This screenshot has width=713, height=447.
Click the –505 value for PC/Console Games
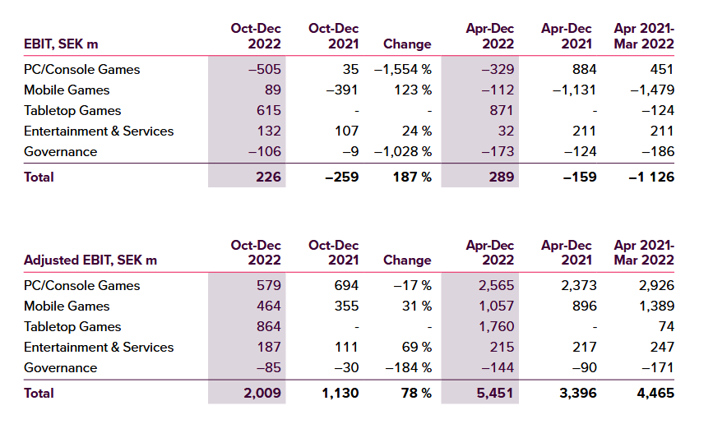click(x=265, y=70)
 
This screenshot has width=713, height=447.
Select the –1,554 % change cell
click(x=403, y=70)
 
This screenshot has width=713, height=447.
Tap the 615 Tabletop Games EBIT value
click(x=269, y=110)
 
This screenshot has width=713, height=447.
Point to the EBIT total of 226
click(x=268, y=177)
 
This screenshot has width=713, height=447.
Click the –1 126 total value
click(x=651, y=177)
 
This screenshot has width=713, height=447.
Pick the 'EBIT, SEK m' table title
click(x=61, y=44)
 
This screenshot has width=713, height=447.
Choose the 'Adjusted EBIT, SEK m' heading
click(x=90, y=260)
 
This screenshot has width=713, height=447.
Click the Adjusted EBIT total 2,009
click(x=262, y=393)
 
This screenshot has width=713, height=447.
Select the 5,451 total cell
click(x=495, y=393)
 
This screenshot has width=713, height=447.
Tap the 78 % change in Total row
click(x=416, y=393)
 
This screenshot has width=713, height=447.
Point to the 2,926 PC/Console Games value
click(x=656, y=285)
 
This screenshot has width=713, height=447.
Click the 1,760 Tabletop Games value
click(x=496, y=326)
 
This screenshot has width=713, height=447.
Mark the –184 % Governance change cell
click(x=409, y=367)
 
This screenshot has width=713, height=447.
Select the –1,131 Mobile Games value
click(x=574, y=90)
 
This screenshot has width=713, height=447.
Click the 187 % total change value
click(x=413, y=177)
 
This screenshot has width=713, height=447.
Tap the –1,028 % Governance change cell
click(x=403, y=151)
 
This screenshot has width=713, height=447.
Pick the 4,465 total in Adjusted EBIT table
click(x=655, y=393)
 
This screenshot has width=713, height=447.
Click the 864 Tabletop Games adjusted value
click(x=269, y=326)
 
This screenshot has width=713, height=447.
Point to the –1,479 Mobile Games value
click(x=652, y=90)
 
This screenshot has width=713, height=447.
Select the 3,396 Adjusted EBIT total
click(x=578, y=393)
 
